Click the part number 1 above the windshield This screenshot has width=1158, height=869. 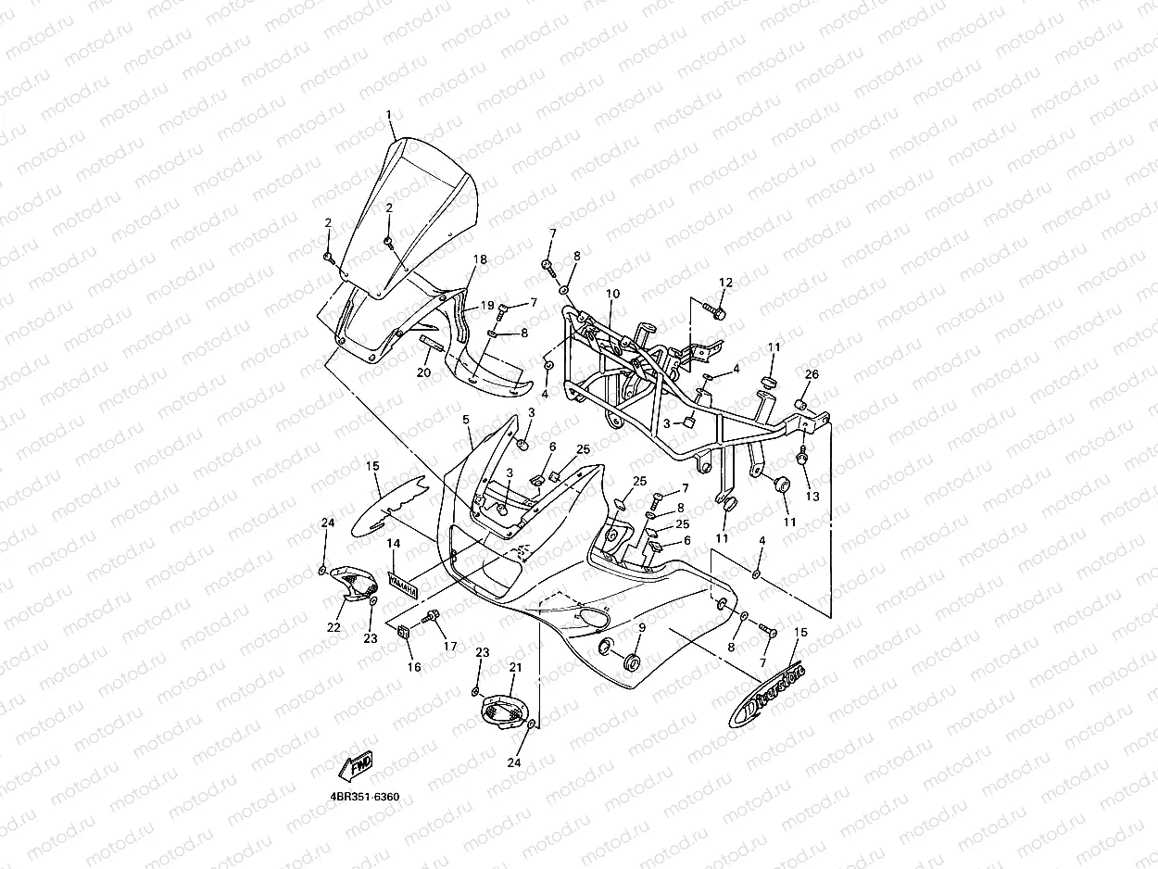pyautogui.click(x=389, y=115)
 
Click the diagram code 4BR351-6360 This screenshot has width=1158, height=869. pyautogui.click(x=370, y=797)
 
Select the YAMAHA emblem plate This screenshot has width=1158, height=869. pyautogui.click(x=401, y=585)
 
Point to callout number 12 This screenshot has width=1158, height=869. pyautogui.click(x=725, y=282)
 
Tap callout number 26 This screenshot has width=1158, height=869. pyautogui.click(x=812, y=374)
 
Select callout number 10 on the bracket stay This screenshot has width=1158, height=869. pyautogui.click(x=612, y=294)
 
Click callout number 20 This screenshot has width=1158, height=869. pyautogui.click(x=423, y=372)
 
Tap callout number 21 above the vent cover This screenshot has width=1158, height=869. pyautogui.click(x=516, y=667)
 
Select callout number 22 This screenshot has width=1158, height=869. pyautogui.click(x=334, y=627)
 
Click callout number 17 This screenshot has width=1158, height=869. pyautogui.click(x=450, y=646)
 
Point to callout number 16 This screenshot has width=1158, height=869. pyautogui.click(x=413, y=666)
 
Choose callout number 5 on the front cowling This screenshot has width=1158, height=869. pyautogui.click(x=467, y=420)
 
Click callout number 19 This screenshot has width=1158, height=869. pyautogui.click(x=487, y=305)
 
